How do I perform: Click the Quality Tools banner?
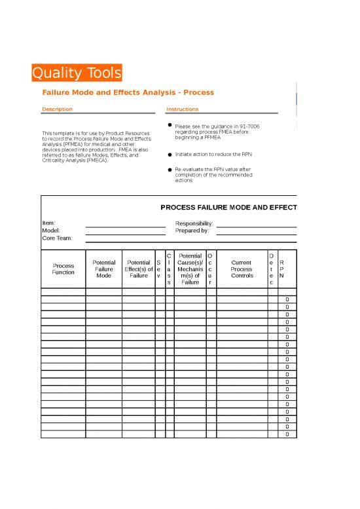tap(77, 73)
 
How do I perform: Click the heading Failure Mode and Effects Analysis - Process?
tap(128, 93)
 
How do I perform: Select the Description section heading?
tap(57, 109)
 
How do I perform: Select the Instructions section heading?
tap(183, 109)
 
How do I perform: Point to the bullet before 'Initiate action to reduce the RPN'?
tap(170, 155)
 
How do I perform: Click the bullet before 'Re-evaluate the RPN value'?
tap(170, 169)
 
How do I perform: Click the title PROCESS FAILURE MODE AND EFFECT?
tap(228, 208)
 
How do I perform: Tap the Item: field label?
tap(49, 223)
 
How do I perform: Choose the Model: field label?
tap(51, 231)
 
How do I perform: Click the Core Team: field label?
tap(57, 238)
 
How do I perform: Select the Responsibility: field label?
tap(194, 223)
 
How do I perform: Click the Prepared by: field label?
tap(192, 231)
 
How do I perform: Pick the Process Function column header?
tap(63, 269)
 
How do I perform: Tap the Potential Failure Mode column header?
tap(103, 269)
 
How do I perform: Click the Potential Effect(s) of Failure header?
tap(138, 269)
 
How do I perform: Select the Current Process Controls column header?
tap(242, 269)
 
